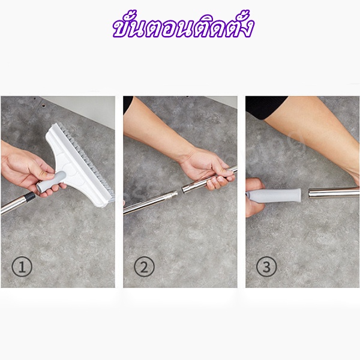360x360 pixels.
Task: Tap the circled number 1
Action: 22,267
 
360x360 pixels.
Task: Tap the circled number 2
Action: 144,267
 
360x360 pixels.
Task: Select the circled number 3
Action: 266,267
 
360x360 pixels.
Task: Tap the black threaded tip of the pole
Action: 31,197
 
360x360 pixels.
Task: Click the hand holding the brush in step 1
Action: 28,170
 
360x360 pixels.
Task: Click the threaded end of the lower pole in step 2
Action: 173,195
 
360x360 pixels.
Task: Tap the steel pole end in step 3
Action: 334,193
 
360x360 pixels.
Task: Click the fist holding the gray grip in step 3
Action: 254,197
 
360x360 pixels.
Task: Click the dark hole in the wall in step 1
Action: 44,107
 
